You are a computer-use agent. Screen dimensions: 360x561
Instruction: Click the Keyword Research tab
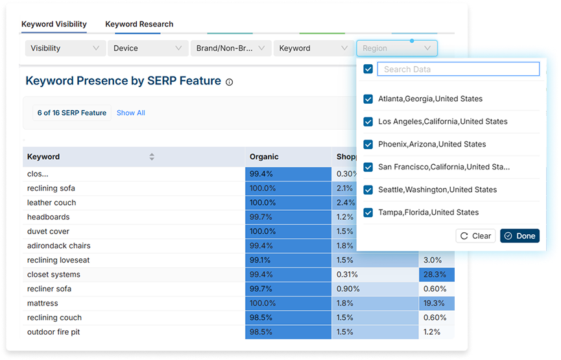point(139,25)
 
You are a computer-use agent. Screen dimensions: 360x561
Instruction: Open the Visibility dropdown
point(64,48)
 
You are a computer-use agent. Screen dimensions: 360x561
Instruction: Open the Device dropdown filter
point(147,48)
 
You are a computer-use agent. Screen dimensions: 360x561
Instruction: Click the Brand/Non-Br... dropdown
point(230,48)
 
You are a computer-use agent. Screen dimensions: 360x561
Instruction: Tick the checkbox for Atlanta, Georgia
point(368,99)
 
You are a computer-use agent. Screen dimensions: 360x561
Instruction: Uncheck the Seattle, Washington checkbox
point(368,190)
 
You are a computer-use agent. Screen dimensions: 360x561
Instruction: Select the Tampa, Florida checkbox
point(368,213)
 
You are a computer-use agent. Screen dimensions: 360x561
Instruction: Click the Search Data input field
point(458,69)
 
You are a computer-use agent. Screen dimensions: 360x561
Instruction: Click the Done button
point(519,236)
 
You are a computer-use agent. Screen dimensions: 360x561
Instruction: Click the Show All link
point(131,113)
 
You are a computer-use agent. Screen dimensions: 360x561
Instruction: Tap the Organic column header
point(264,156)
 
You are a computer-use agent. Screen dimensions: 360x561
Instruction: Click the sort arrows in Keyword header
point(152,156)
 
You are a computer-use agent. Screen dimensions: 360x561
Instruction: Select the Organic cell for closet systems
point(288,274)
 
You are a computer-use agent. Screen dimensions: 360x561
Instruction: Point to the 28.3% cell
point(436,274)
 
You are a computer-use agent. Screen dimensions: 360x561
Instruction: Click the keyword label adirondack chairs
point(59,246)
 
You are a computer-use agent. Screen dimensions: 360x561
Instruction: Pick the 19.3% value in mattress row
point(436,303)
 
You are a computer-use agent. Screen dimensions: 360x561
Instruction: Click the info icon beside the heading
point(229,82)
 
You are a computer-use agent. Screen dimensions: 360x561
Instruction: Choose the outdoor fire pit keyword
point(54,332)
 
